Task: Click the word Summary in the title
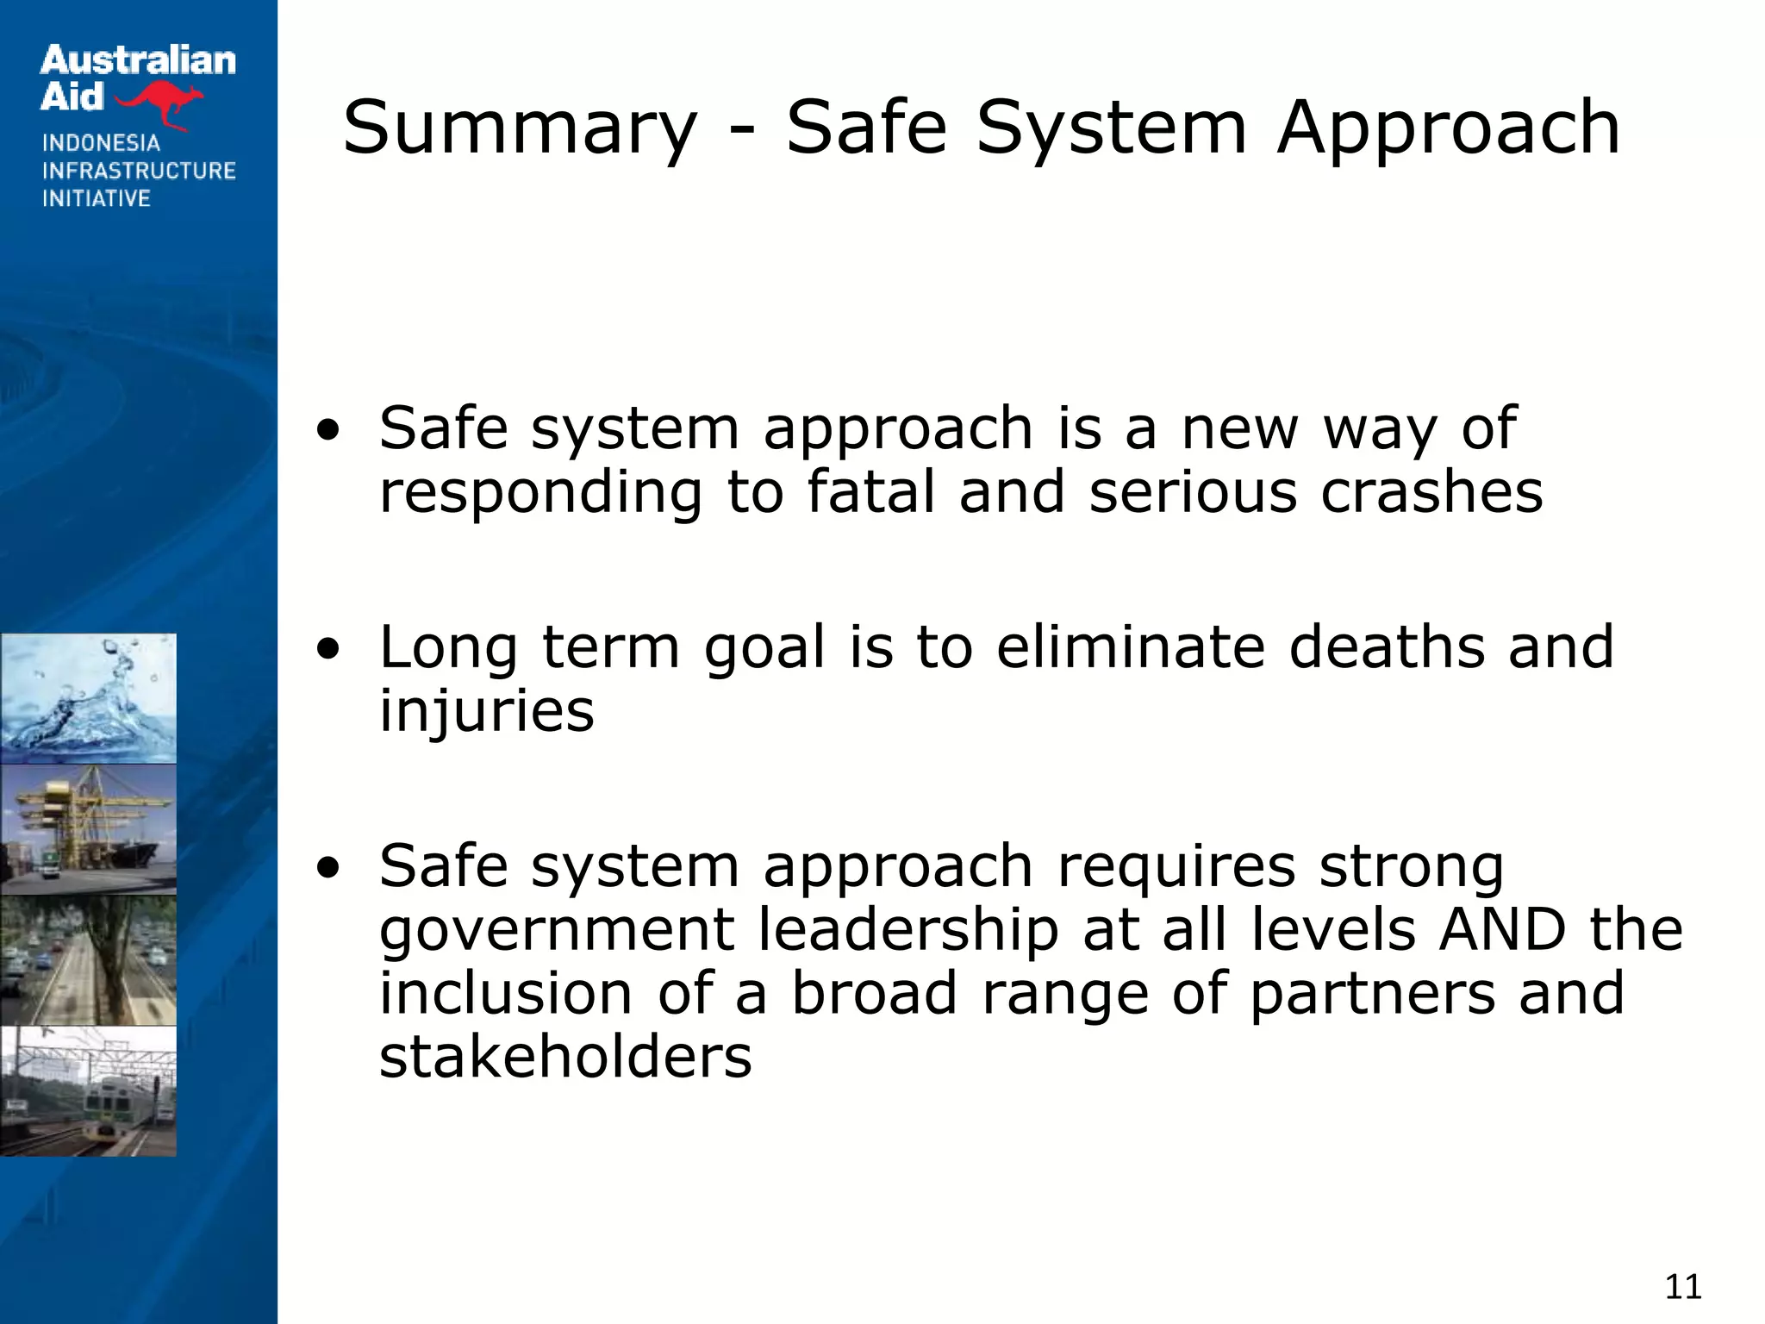(x=519, y=129)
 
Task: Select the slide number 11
(x=1682, y=1286)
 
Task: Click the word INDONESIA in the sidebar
(x=101, y=143)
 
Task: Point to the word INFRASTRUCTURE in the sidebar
(x=139, y=171)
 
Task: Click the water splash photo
(x=88, y=698)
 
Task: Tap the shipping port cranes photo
(x=88, y=829)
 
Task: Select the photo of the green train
(x=88, y=1091)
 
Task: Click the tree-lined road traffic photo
(x=88, y=960)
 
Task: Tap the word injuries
(x=487, y=711)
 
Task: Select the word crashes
(x=1431, y=492)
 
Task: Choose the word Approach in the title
(x=1448, y=129)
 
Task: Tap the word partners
(x=1372, y=993)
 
